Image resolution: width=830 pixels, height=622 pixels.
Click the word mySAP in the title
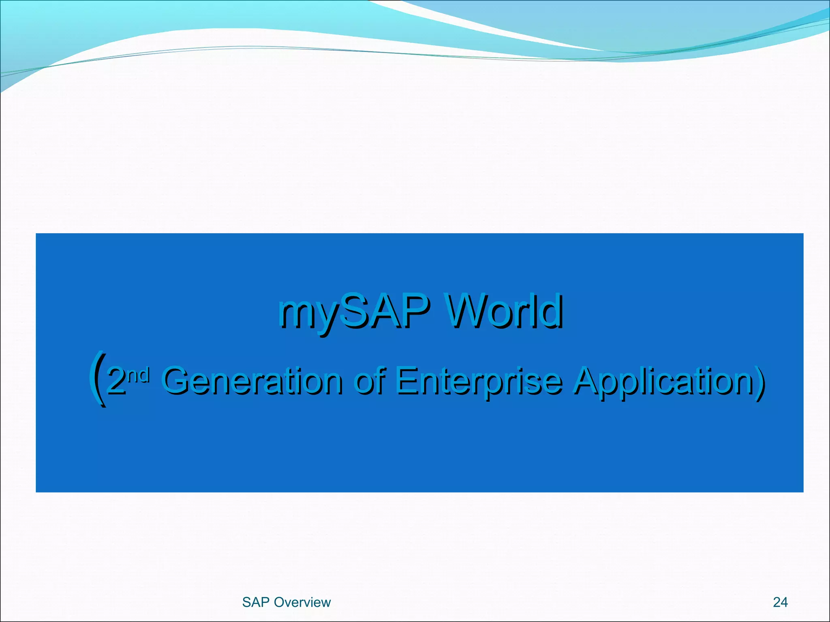353,312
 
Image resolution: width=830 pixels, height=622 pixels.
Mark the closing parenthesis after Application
759,381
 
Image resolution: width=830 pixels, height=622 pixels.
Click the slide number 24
780,602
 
